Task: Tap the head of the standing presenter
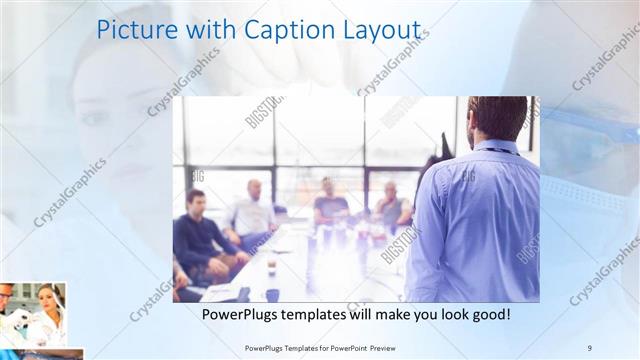[497, 116]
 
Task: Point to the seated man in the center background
[328, 200]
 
